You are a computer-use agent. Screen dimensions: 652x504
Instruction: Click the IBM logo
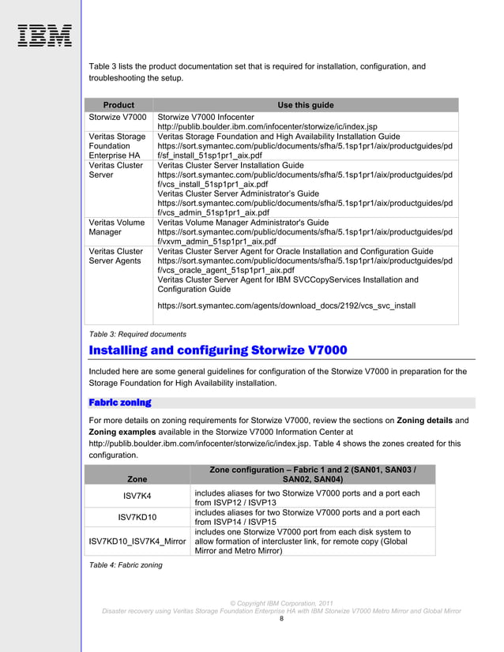click(44, 36)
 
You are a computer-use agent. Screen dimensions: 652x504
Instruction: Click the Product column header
click(118, 105)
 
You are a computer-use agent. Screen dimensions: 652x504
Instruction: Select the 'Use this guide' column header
click(305, 105)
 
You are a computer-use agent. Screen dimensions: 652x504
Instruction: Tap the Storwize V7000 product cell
click(118, 116)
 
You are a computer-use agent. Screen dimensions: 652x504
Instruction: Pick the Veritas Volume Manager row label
click(116, 227)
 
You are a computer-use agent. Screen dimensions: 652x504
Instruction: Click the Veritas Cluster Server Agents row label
click(116, 256)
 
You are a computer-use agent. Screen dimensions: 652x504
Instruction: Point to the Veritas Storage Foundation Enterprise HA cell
click(117, 145)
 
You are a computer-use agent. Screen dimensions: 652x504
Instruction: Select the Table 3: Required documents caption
click(137, 334)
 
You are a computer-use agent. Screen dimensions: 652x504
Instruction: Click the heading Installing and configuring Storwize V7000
click(218, 350)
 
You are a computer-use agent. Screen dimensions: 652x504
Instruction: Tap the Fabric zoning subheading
click(120, 403)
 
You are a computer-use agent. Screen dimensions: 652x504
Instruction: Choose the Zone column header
click(137, 478)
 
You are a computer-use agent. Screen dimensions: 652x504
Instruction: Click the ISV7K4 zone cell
click(137, 497)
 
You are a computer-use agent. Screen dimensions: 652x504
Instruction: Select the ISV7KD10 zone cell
click(137, 517)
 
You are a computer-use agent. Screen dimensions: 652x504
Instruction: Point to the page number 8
click(281, 620)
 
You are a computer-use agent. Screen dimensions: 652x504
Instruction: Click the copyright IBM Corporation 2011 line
click(281, 602)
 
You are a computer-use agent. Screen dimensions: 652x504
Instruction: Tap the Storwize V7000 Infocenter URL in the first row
click(267, 126)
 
